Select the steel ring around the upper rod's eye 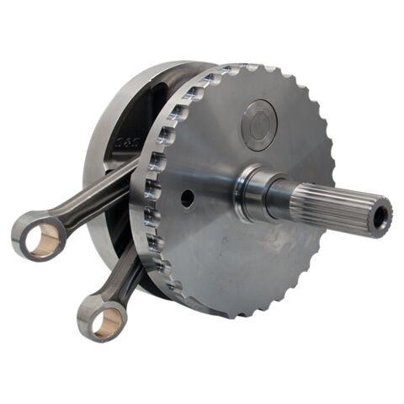[25, 227]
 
